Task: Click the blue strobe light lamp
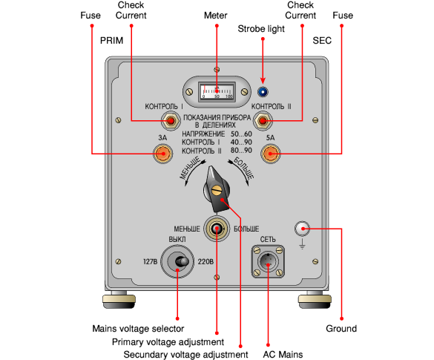263,92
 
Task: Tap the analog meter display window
217,91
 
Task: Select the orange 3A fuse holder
162,154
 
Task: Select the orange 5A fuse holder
271,154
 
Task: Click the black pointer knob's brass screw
217,190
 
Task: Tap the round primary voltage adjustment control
217,229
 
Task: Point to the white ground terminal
303,229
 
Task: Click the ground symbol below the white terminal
303,243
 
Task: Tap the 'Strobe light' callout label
261,29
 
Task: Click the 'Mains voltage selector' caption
138,329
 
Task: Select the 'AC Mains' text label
283,355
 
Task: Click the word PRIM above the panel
111,41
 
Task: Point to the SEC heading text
322,41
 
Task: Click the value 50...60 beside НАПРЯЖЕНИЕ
241,134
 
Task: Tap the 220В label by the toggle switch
206,262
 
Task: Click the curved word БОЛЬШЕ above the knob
244,168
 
